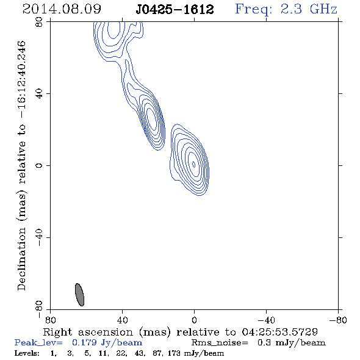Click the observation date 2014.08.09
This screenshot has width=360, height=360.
point(62,9)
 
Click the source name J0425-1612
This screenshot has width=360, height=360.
point(175,10)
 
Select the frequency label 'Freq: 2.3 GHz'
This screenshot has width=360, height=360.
point(286,9)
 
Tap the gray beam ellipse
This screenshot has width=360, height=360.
point(80,295)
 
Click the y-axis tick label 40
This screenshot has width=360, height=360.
point(39,94)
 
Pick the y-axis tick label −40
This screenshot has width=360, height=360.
point(39,237)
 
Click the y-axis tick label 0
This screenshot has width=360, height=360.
point(39,165)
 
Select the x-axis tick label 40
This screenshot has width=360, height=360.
point(122,320)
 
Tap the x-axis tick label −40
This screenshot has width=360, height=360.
point(266,320)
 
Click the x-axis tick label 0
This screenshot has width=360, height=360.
point(194,320)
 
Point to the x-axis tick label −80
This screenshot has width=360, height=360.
point(338,320)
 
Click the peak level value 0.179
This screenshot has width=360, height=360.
point(84,342)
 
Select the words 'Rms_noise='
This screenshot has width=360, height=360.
point(220,343)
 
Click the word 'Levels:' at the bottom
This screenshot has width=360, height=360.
point(27,353)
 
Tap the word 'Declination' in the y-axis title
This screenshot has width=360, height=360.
point(21,259)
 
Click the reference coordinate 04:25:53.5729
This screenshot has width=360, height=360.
point(280,332)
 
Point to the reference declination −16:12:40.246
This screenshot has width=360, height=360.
point(21,80)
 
